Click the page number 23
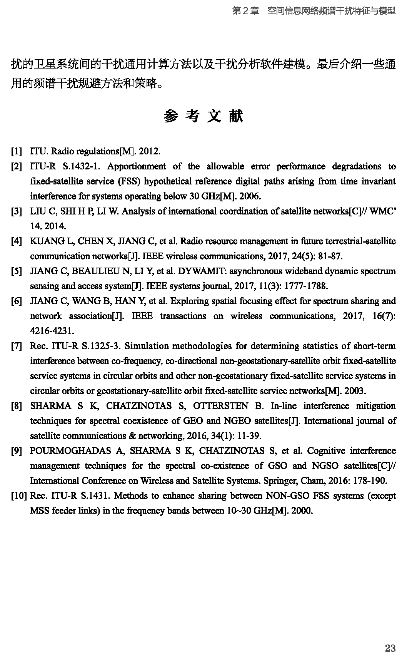pyautogui.click(x=390, y=648)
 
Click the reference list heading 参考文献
pyautogui.click(x=204, y=116)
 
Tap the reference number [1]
pyautogui.click(x=16, y=151)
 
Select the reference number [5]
pyautogui.click(x=16, y=271)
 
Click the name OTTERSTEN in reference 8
pyautogui.click(x=220, y=406)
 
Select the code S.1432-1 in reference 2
pyautogui.click(x=82, y=166)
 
